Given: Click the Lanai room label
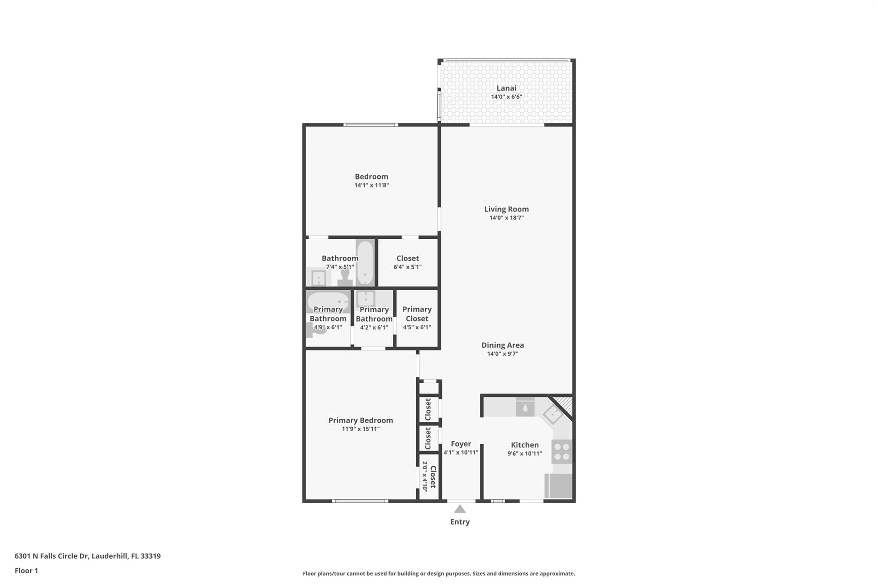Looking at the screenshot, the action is tap(506, 88).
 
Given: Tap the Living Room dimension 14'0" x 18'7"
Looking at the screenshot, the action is tap(506, 218).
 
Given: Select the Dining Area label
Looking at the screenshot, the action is tap(502, 345).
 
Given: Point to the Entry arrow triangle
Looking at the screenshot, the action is tap(460, 509).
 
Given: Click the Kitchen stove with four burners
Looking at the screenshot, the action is tap(562, 452).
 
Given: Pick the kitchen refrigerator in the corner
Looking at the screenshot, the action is tap(558, 486).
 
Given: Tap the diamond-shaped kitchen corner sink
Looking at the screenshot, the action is tap(553, 414).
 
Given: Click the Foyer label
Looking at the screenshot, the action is tap(461, 444).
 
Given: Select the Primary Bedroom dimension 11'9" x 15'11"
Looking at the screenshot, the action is tap(361, 429).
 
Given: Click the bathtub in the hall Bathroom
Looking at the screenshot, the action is tap(365, 263).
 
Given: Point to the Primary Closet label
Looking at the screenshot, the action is tap(417, 314).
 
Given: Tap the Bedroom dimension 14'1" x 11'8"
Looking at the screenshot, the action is tap(371, 185).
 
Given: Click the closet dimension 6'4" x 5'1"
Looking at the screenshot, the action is tap(408, 267).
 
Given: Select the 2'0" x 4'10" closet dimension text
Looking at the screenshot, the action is tap(425, 476).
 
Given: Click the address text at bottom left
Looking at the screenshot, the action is tap(88, 556).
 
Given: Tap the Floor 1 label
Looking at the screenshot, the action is tap(27, 571).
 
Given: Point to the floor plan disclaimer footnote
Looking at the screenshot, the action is tap(439, 573).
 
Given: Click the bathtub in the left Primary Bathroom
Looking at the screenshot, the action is tap(328, 302).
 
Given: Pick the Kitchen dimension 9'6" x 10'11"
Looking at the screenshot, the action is tap(525, 453).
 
